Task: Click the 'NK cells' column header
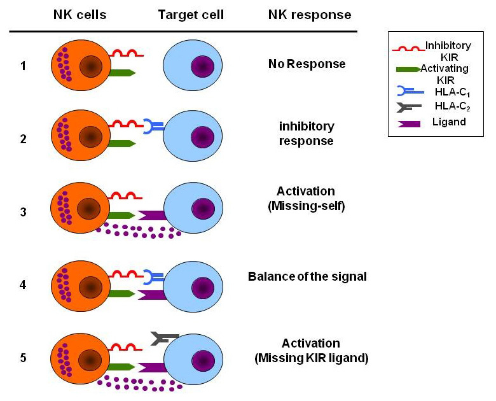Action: (x=79, y=14)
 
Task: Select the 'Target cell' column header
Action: (x=191, y=14)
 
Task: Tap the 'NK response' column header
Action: (x=309, y=14)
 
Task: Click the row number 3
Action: (x=23, y=211)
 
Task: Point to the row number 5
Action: (x=23, y=358)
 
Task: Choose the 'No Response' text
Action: (x=307, y=64)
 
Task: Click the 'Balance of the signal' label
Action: (x=307, y=277)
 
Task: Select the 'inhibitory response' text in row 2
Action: (x=307, y=133)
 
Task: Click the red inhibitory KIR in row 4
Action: (x=127, y=275)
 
